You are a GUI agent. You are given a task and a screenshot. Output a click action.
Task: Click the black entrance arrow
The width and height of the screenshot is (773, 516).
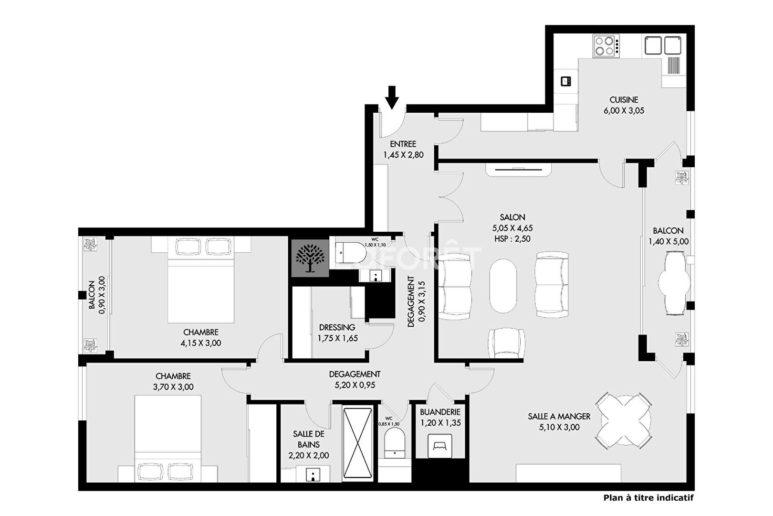(x=392, y=97)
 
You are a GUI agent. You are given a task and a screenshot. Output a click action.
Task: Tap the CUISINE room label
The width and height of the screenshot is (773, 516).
(x=624, y=100)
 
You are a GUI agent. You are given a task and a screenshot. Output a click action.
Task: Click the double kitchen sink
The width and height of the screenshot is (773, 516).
(x=663, y=45)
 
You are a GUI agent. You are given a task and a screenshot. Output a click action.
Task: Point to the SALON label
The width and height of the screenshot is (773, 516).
(x=512, y=217)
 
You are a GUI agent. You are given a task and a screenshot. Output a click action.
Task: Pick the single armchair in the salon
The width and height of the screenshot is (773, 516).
(x=507, y=343)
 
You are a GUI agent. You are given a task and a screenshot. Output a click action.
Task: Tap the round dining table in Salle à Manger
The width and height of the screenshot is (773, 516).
(x=625, y=420)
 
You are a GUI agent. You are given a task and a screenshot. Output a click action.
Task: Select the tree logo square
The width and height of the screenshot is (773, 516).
(x=310, y=258)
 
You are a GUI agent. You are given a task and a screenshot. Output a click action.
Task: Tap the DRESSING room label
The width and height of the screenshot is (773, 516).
(x=337, y=327)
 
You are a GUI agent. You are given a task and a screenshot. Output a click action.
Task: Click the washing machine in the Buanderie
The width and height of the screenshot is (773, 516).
(x=440, y=446)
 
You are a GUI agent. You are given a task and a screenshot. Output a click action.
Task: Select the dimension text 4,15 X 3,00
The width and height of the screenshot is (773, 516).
(x=201, y=343)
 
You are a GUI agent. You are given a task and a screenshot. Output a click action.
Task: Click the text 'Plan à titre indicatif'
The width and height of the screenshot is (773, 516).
(x=648, y=498)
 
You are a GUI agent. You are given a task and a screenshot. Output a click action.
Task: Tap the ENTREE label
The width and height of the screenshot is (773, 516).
(x=403, y=144)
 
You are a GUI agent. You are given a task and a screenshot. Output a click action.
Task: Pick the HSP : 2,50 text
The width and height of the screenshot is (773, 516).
(x=512, y=239)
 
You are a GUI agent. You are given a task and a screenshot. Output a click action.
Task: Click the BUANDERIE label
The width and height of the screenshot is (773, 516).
(x=440, y=412)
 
